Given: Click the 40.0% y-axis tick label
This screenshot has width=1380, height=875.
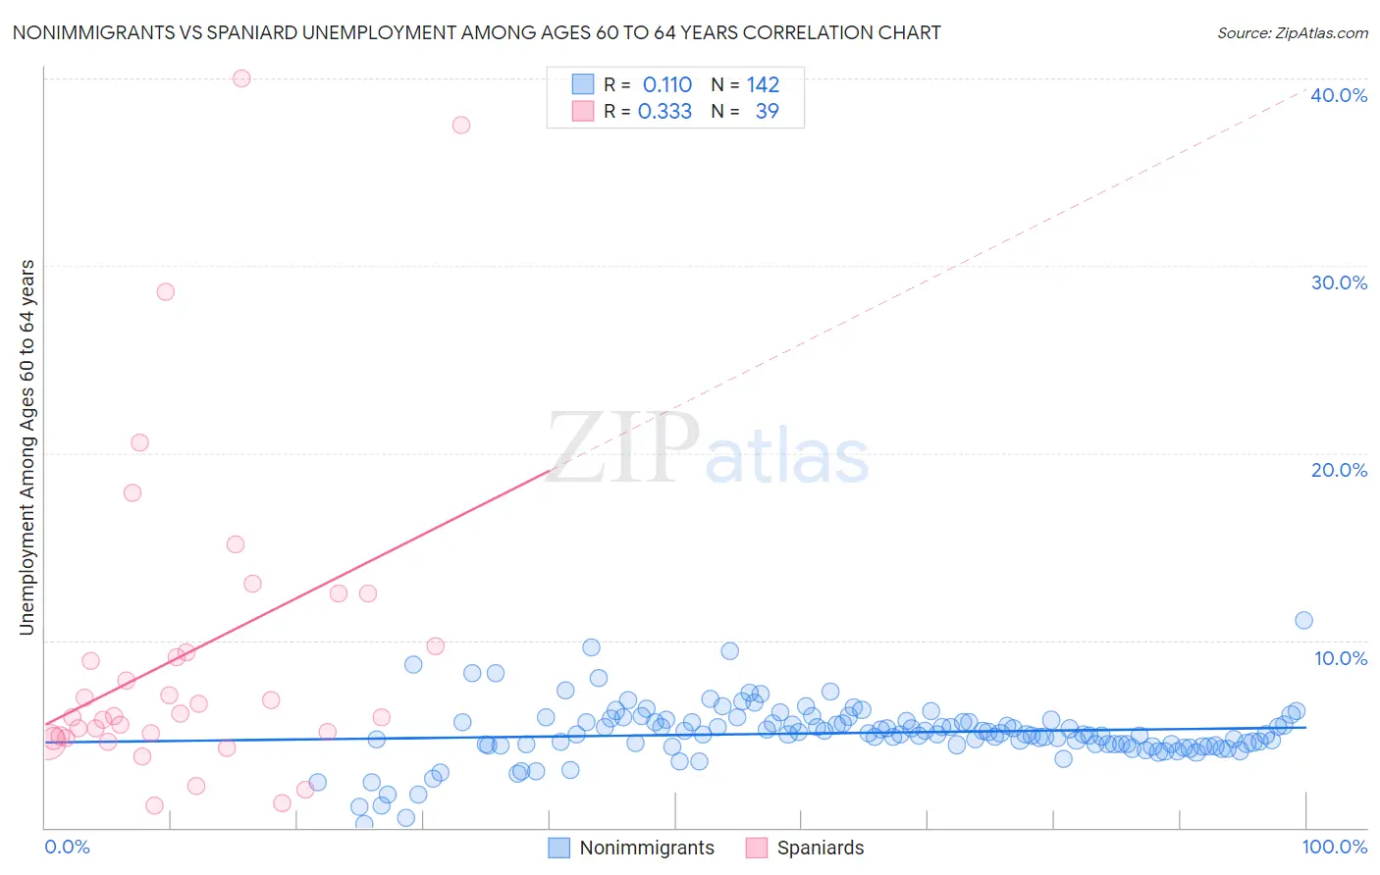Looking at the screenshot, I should (1339, 95).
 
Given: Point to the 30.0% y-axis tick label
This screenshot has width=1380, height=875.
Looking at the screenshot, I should (1339, 283).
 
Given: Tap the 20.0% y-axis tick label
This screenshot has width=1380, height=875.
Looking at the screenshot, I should (1339, 470).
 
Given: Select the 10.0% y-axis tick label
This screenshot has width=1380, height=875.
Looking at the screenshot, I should (1341, 658).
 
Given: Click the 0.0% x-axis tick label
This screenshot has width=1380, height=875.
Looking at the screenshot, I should (67, 847).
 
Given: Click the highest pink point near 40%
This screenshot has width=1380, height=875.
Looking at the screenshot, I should (241, 78).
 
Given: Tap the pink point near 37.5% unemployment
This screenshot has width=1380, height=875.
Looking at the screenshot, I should (461, 125).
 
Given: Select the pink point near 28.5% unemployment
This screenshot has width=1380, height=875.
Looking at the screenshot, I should (166, 291).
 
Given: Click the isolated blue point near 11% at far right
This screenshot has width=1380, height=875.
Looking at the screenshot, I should (1303, 620).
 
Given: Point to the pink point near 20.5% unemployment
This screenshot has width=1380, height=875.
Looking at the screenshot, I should (139, 442).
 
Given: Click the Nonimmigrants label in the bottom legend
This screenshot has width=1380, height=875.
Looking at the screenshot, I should (647, 848).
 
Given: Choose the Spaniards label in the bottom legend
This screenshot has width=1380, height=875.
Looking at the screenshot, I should (821, 848).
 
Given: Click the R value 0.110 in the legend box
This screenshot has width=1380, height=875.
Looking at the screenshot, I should (667, 84).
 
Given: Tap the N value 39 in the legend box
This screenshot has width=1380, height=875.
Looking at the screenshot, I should (767, 111).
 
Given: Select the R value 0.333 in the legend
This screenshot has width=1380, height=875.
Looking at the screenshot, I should (664, 111).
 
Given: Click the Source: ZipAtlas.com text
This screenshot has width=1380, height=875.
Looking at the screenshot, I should (1292, 32).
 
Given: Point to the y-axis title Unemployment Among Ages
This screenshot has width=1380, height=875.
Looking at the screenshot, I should (27, 446).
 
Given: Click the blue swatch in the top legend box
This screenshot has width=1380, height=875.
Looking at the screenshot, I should (583, 84).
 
